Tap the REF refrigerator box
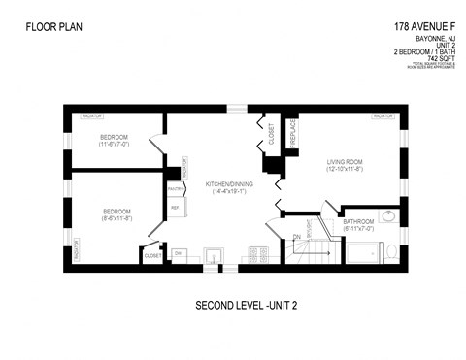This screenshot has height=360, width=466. pyautogui.click(x=176, y=208)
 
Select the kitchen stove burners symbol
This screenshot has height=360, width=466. pyautogui.click(x=257, y=254)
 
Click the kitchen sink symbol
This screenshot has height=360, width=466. pyautogui.click(x=214, y=255)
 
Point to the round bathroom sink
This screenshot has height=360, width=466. pyautogui.click(x=388, y=215)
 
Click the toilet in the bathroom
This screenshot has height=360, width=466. pyautogui.click(x=389, y=251)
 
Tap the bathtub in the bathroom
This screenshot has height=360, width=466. pyautogui.click(x=359, y=253)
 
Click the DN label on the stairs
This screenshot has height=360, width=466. pyautogui.click(x=295, y=237)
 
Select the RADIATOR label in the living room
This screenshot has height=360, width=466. pyautogui.click(x=383, y=116)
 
